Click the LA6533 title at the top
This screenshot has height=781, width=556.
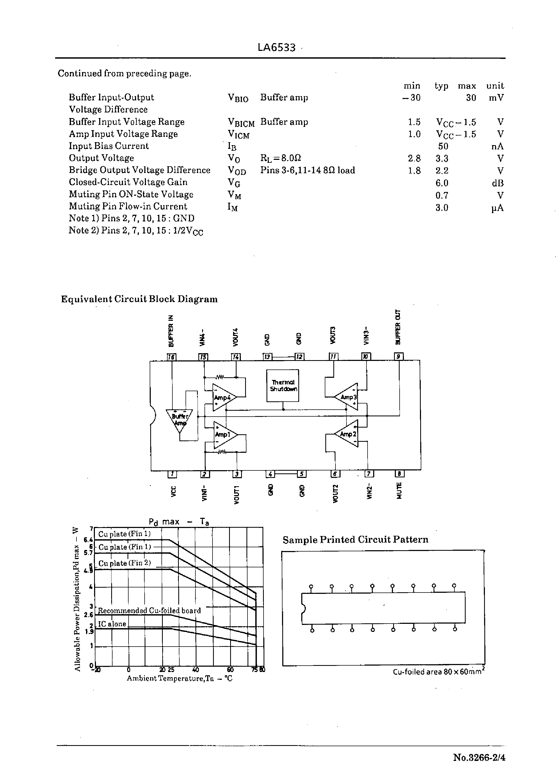point(276,47)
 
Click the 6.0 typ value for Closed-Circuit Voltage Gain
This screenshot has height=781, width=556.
point(442,183)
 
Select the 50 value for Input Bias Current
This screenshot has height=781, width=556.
point(443,146)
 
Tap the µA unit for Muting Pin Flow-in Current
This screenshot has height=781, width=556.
point(497,208)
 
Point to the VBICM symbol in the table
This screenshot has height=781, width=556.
point(241,123)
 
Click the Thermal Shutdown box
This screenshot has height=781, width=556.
point(283,385)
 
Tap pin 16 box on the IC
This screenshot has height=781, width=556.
point(171,357)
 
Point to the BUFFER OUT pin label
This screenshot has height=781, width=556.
point(397,327)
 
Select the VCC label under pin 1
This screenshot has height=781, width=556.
point(173,491)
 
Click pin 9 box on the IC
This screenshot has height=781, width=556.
point(399,357)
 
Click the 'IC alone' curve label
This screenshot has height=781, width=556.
point(112,624)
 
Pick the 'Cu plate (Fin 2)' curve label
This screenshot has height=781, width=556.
point(125,563)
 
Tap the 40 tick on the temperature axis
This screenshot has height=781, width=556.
point(195,670)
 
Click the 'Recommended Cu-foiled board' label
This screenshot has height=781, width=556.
point(149,611)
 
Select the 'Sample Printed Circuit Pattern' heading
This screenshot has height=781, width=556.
point(355,540)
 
